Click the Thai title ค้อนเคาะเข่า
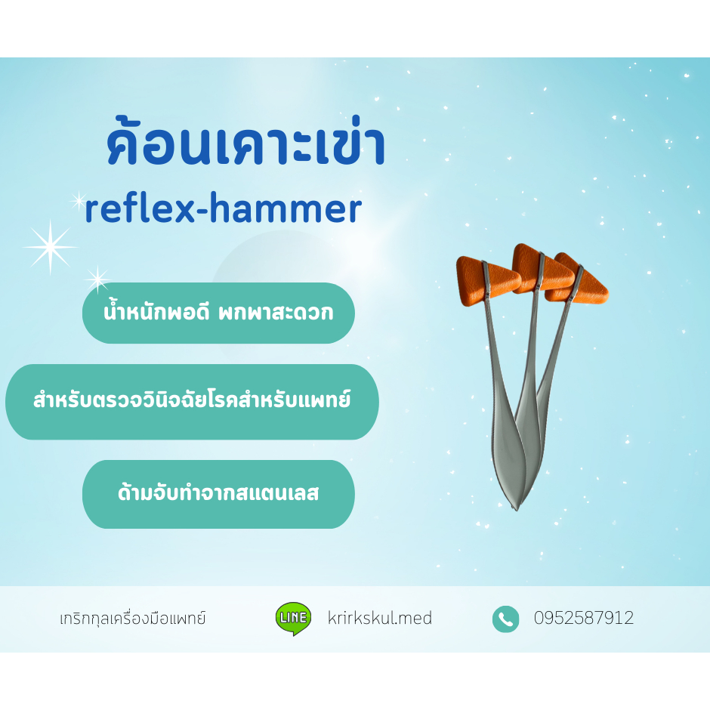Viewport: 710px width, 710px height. (x=246, y=146)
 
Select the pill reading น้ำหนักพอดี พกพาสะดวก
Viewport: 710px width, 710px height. (x=218, y=313)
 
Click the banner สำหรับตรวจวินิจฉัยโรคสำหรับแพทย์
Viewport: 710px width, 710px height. (x=192, y=401)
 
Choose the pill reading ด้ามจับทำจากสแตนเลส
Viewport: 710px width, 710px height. (x=218, y=494)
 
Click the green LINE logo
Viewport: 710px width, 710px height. (x=292, y=618)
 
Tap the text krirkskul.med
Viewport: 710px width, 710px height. (x=380, y=619)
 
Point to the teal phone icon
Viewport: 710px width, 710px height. (x=505, y=619)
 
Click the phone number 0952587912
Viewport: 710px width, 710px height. (x=584, y=619)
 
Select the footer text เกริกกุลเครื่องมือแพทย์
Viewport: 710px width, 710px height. (x=132, y=619)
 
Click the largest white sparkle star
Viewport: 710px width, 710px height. (x=50, y=247)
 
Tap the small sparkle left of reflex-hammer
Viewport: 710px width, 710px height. (x=78, y=200)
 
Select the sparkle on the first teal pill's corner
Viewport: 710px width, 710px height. (x=97, y=279)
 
